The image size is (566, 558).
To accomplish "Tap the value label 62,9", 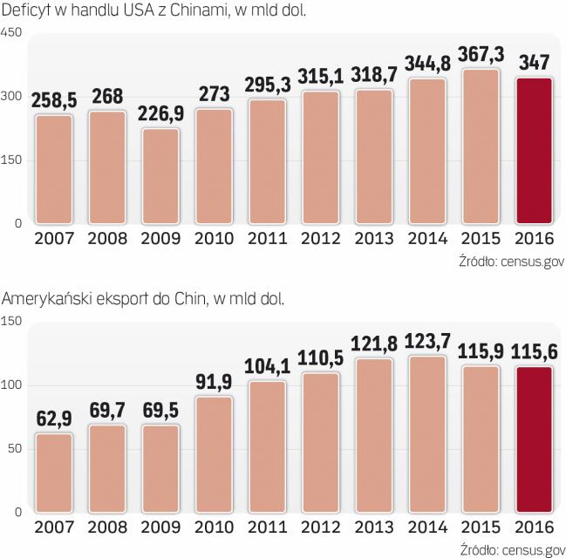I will [54, 419].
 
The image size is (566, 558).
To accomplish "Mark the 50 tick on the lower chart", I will [15, 448].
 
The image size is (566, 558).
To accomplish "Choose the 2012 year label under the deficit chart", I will [320, 239].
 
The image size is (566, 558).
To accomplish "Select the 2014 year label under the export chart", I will [426, 527].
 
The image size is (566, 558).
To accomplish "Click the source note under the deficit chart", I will [510, 261].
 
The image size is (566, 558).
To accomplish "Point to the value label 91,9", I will [214, 381].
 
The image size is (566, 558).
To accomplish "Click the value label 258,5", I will [54, 101].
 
